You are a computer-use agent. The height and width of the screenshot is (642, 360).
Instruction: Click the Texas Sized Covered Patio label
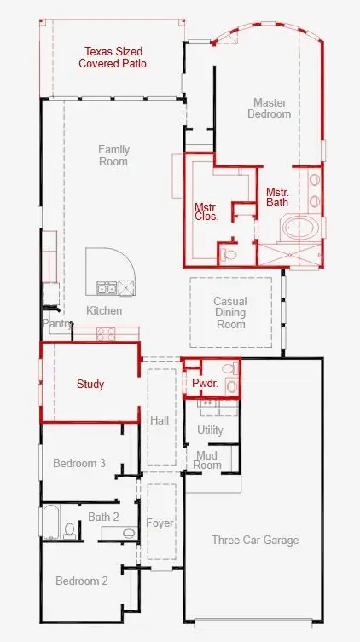[x=113, y=57]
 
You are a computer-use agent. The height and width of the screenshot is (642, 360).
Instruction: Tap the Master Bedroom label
[x=270, y=108]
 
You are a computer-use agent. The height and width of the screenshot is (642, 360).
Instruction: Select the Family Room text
[x=113, y=155]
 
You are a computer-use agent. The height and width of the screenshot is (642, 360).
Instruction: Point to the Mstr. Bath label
[x=277, y=197]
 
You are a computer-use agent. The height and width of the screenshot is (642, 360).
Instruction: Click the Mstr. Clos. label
[x=206, y=211]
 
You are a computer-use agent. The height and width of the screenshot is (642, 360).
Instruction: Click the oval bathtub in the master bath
[x=299, y=228]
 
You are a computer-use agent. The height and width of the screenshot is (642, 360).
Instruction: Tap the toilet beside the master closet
[x=229, y=255]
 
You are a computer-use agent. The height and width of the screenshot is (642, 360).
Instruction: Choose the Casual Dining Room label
[x=230, y=313]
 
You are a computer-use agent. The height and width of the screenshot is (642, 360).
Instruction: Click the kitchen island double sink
[x=106, y=288]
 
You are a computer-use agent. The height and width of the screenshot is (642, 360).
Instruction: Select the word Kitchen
[x=104, y=310]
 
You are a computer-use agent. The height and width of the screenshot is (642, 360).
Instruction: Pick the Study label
[x=90, y=384]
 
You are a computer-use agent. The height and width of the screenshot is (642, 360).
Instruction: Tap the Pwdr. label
[x=206, y=384]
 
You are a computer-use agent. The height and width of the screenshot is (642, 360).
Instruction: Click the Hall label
[x=160, y=420]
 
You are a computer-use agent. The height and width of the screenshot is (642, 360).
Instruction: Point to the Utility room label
[x=210, y=430]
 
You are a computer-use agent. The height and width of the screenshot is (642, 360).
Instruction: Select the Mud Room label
[x=206, y=460]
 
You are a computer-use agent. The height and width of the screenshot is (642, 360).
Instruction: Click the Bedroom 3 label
[x=79, y=463]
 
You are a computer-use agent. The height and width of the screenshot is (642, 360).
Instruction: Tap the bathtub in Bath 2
[x=51, y=522]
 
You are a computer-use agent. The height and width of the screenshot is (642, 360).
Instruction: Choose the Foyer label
[x=160, y=523]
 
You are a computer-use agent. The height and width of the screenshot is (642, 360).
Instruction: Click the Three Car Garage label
[x=255, y=540]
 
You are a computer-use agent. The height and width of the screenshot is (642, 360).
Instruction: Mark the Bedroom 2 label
[x=82, y=581]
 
